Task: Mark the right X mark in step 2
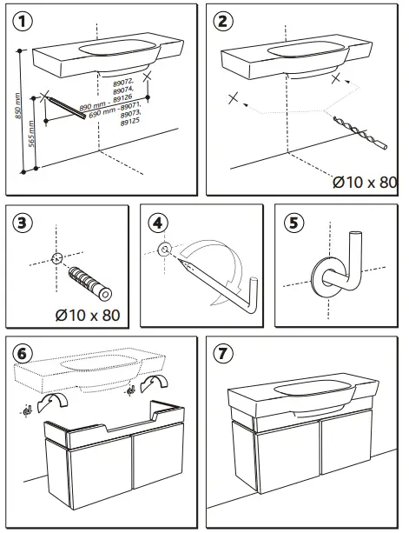pos(336,78)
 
